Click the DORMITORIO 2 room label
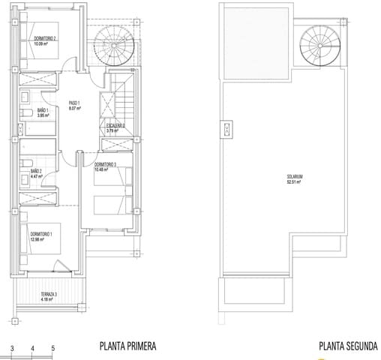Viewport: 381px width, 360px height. click(x=46, y=37)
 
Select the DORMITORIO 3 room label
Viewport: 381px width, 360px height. click(x=109, y=163)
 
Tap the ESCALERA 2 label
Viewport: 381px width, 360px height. click(x=115, y=126)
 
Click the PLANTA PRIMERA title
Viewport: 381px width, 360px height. click(x=127, y=346)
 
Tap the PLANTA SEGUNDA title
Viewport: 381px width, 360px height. click(x=347, y=346)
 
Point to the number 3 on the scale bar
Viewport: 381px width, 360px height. click(x=11, y=349)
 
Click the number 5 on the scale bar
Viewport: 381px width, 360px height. click(x=53, y=349)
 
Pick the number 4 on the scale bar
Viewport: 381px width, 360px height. click(x=32, y=349)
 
